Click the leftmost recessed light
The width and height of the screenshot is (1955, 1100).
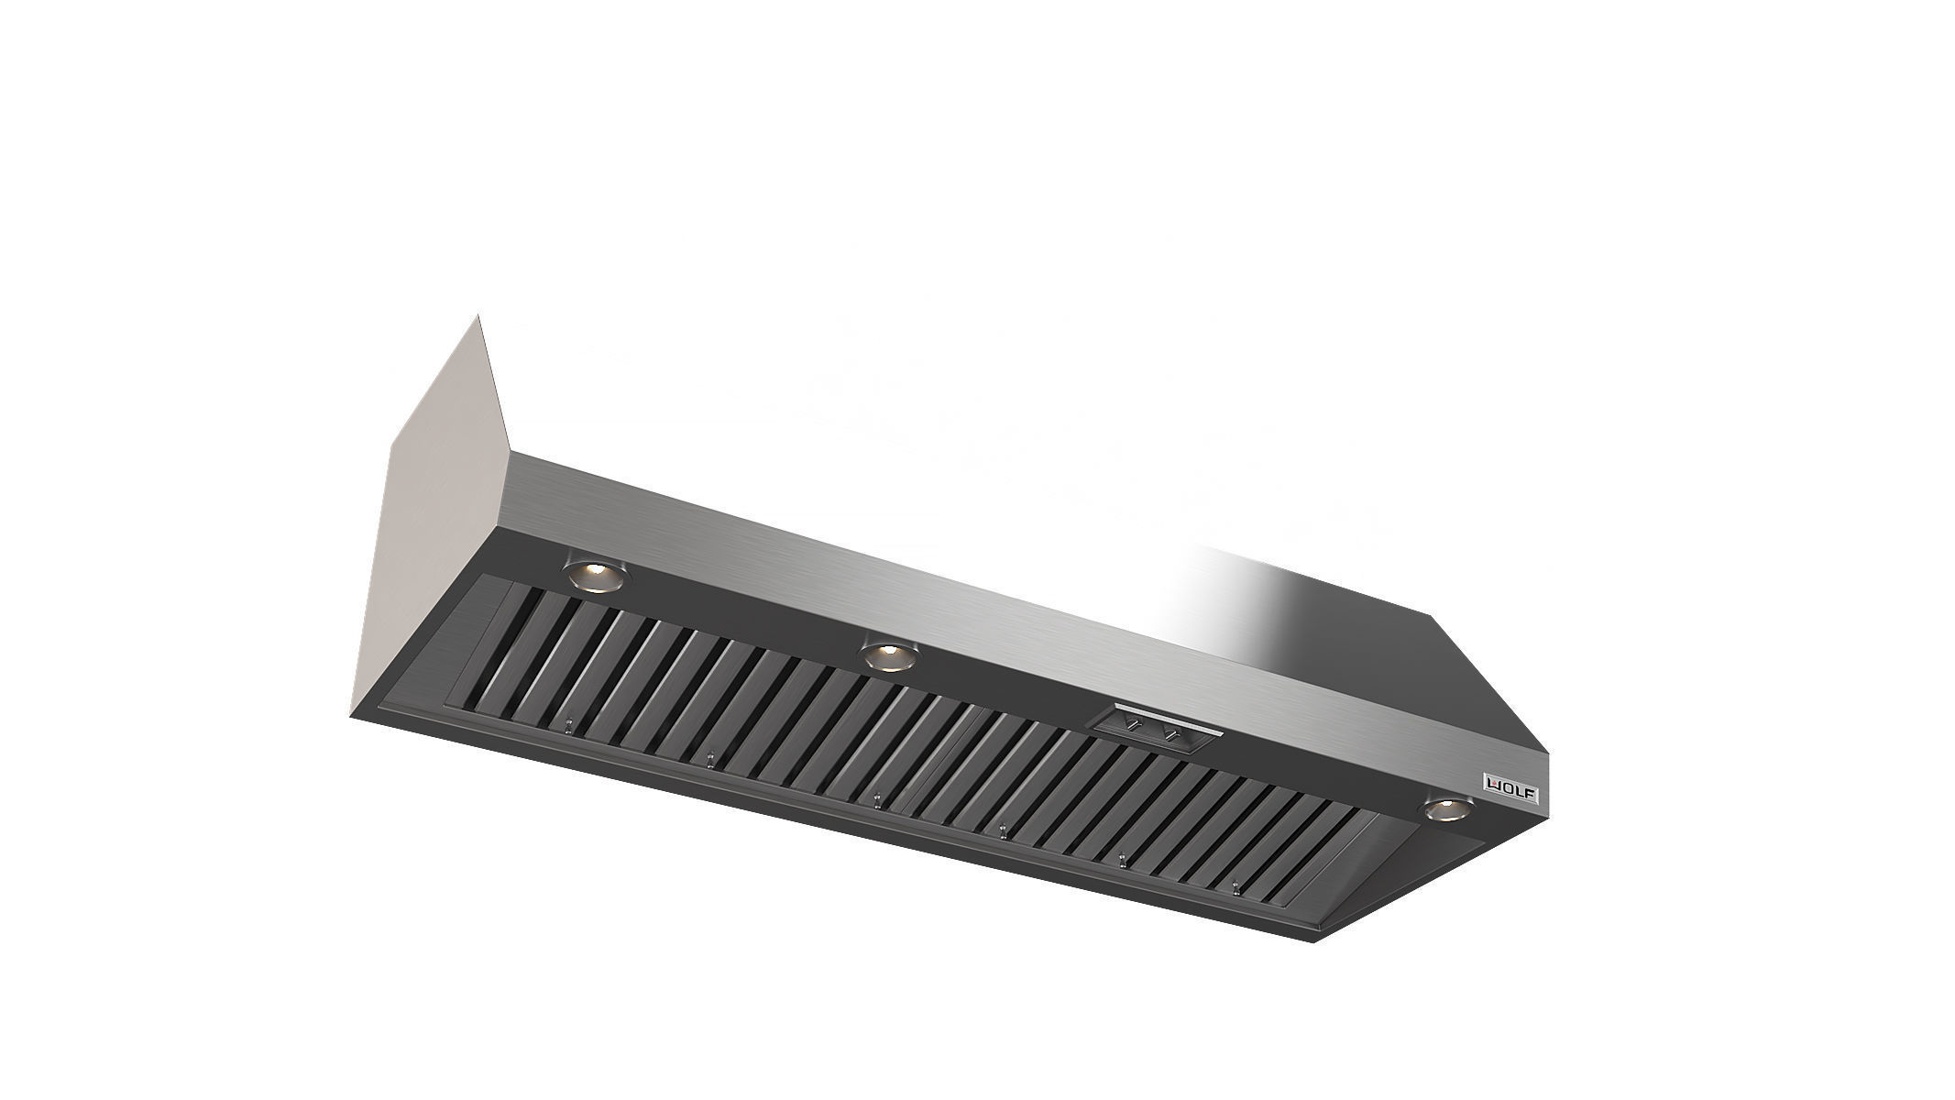pos(597,575)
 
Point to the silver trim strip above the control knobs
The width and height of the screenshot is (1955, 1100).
pos(1164,711)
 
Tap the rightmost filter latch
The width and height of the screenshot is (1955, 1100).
pos(1236,888)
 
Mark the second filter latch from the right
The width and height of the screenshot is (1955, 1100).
pos(1122,859)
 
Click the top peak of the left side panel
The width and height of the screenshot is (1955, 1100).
pos(478,317)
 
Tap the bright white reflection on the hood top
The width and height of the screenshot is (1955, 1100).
pos(1192,596)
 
